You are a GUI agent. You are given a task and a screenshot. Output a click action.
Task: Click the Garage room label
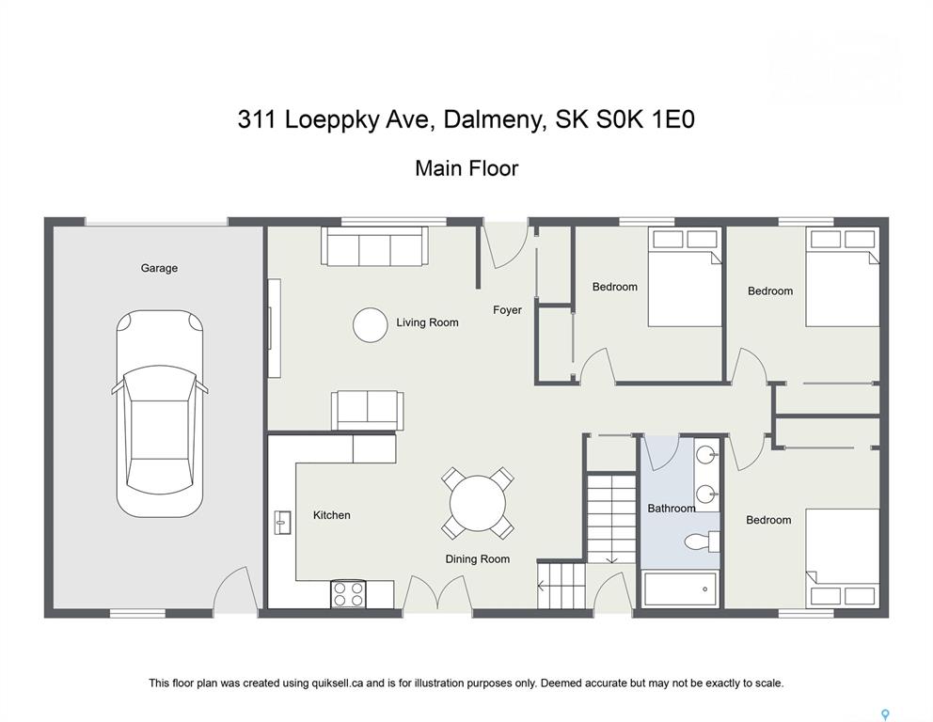159,268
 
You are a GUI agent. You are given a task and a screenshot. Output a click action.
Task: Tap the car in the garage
160,414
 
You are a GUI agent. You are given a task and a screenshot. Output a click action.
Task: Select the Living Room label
427,322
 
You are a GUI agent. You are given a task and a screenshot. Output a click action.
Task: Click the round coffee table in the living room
371,324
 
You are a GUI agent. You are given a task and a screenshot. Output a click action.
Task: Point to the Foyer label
507,310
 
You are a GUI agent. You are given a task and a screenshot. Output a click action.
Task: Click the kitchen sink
282,523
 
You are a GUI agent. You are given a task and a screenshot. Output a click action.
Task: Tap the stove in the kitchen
349,593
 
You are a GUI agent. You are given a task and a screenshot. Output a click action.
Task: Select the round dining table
477,503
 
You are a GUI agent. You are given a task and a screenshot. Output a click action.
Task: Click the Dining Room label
477,559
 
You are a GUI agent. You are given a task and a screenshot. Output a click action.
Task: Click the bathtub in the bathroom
681,589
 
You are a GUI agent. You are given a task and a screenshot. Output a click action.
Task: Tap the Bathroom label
672,509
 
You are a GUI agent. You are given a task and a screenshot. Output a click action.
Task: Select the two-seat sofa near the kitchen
367,410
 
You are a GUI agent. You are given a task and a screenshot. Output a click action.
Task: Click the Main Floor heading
466,168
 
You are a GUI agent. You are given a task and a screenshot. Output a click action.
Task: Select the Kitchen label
331,515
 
